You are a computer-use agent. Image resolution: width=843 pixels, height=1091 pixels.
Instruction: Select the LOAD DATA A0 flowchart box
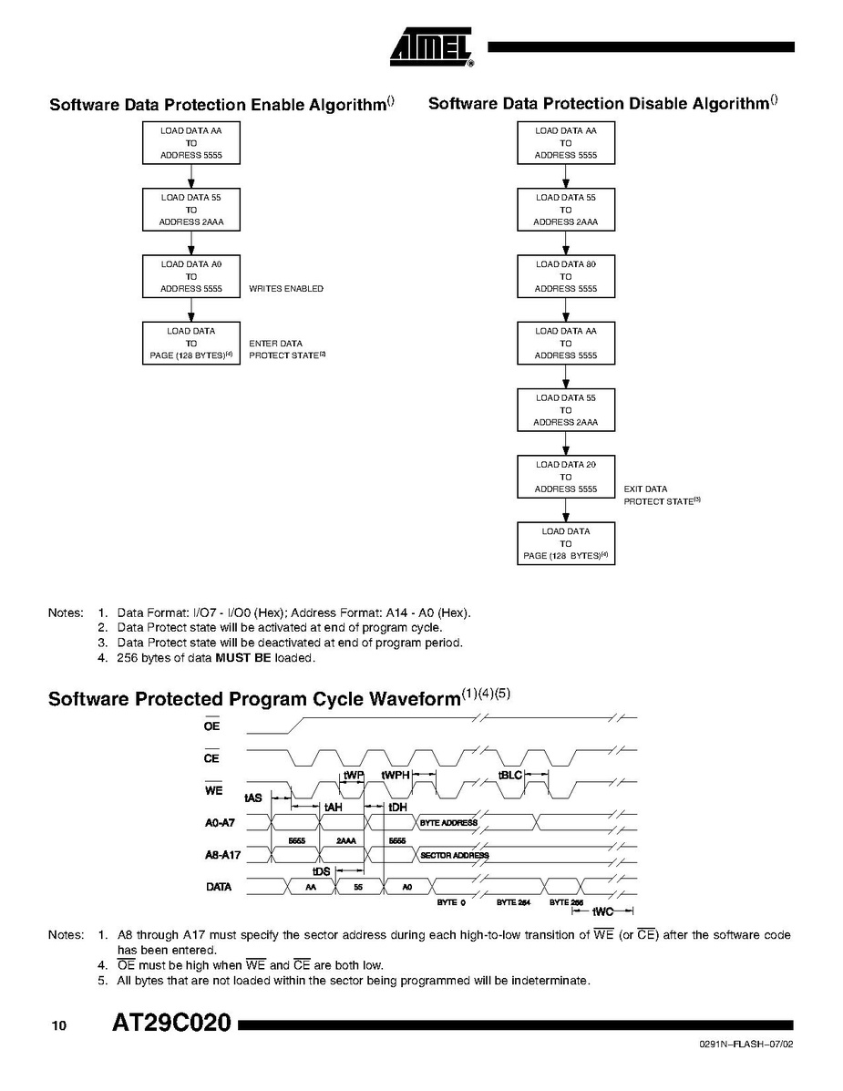191,276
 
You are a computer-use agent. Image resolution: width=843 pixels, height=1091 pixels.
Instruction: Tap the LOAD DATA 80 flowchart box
565,276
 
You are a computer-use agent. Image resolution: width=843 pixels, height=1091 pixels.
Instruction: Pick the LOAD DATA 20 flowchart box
565,477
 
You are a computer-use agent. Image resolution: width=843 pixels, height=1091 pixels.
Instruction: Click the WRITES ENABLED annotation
286,289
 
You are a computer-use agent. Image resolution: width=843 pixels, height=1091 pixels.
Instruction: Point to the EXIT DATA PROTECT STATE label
661,496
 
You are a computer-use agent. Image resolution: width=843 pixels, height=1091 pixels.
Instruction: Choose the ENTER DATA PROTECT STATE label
286,349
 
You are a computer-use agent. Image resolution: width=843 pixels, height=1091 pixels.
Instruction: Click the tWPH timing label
396,775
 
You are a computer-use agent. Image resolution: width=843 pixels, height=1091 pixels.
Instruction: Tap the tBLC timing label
509,775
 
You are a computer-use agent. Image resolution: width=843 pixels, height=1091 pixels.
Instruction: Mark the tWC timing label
602,911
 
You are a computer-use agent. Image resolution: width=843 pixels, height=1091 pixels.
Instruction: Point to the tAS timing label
252,798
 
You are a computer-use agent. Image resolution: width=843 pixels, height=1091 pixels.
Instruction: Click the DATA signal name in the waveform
219,886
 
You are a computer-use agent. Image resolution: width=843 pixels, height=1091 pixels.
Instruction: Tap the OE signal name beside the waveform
211,726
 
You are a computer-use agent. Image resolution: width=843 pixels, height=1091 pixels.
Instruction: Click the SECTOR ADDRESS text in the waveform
454,855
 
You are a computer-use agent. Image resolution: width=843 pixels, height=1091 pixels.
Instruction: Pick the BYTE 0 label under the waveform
450,902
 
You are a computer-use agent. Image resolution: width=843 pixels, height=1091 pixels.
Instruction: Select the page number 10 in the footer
59,1026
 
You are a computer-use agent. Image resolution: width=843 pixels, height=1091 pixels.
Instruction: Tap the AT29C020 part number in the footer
171,1024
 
